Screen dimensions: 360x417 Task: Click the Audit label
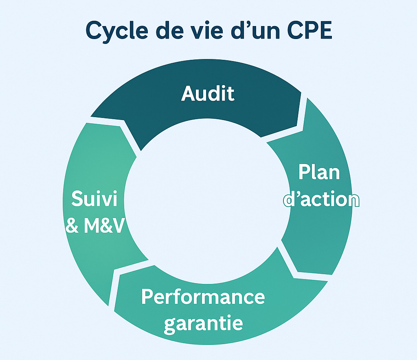click(208, 94)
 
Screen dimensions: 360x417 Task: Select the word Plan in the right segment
click(319, 172)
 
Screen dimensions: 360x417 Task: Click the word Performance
click(203, 297)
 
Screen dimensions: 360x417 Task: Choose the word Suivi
click(94, 199)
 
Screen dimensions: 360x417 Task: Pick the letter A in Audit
click(188, 94)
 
